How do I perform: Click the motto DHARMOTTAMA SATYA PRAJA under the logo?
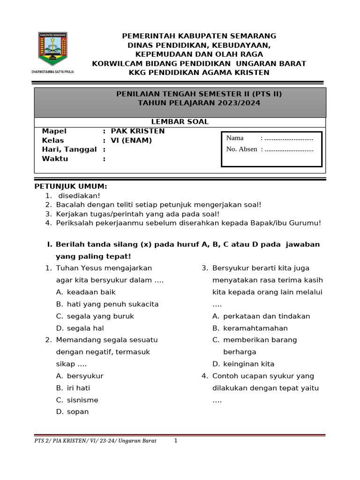click(x=52, y=72)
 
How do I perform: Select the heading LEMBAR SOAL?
click(x=180, y=122)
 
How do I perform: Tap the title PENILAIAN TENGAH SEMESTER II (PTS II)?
click(x=199, y=94)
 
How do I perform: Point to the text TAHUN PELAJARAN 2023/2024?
click(x=199, y=103)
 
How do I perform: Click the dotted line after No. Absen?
click(x=289, y=149)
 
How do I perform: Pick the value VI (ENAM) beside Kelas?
click(x=131, y=140)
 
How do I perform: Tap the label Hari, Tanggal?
click(x=69, y=150)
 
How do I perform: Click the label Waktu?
click(x=55, y=158)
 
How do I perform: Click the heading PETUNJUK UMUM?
click(x=71, y=187)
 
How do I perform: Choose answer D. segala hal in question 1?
click(x=80, y=328)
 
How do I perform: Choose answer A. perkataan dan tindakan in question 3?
click(x=261, y=316)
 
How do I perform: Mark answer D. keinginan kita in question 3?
click(x=243, y=364)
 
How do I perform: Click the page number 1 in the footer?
click(x=176, y=441)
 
